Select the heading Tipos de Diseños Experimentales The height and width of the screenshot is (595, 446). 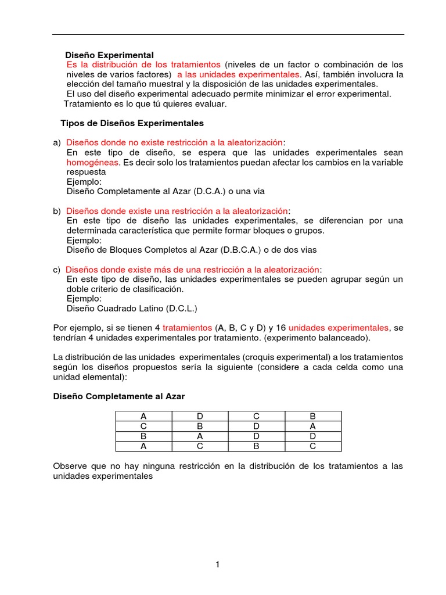pyautogui.click(x=132, y=123)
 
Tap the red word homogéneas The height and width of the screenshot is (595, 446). pyautogui.click(x=93, y=162)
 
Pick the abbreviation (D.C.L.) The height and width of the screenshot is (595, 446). pyautogui.click(x=182, y=309)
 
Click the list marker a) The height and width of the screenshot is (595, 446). pyautogui.click(x=57, y=143)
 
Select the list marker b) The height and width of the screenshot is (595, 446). pyautogui.click(x=57, y=211)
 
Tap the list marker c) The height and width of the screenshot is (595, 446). pyautogui.click(x=56, y=270)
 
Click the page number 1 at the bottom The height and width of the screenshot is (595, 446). pyautogui.click(x=217, y=564)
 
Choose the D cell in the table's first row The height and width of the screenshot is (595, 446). pyautogui.click(x=200, y=416)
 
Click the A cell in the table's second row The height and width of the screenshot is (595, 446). pyautogui.click(x=312, y=426)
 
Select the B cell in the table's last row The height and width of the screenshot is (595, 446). pyautogui.click(x=256, y=446)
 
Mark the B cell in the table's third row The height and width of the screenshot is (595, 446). pyautogui.click(x=143, y=436)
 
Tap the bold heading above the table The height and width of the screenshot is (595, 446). pyautogui.click(x=118, y=396)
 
